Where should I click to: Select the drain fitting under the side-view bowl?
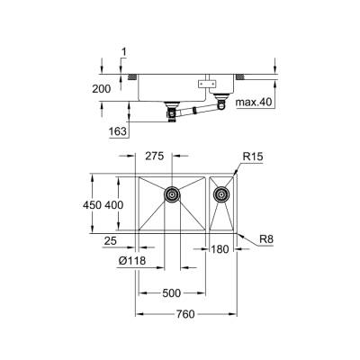[170, 112]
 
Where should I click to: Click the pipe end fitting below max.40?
[220, 108]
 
